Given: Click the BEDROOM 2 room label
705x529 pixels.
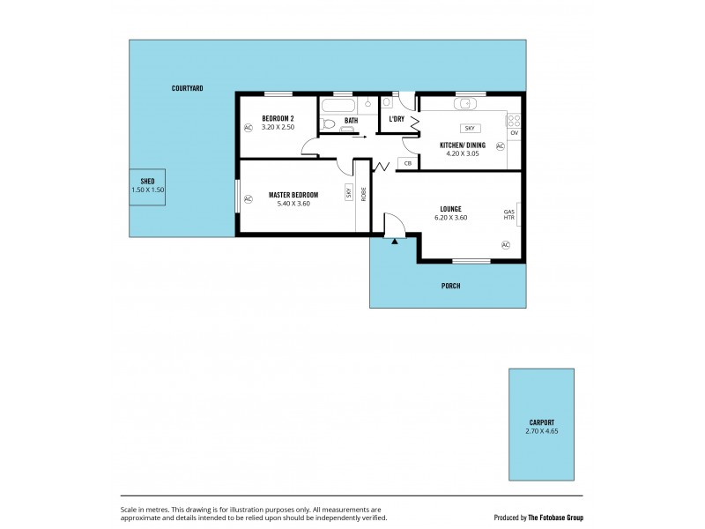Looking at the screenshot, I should pyautogui.click(x=278, y=118).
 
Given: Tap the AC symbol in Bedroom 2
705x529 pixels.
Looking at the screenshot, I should pyautogui.click(x=248, y=127).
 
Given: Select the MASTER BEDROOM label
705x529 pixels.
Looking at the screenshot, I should pyautogui.click(x=293, y=194).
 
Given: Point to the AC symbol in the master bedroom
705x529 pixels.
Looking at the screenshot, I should pyautogui.click(x=248, y=199).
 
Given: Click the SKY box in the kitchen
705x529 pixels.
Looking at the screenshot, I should pyautogui.click(x=469, y=128).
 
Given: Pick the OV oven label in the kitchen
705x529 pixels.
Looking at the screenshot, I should pyautogui.click(x=514, y=133).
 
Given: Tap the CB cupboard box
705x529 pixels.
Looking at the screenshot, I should pyautogui.click(x=407, y=163).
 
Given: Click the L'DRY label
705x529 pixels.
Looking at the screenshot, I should pyautogui.click(x=397, y=119).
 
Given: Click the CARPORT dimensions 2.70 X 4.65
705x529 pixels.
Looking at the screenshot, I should pyautogui.click(x=536, y=430).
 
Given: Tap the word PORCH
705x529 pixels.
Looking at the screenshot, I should pyautogui.click(x=450, y=286).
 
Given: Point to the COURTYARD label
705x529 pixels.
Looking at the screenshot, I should pyautogui.click(x=188, y=88).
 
